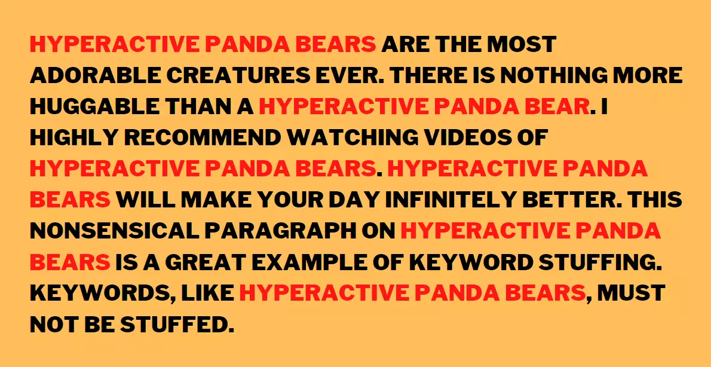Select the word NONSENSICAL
(x=114, y=231)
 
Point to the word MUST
(x=631, y=293)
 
